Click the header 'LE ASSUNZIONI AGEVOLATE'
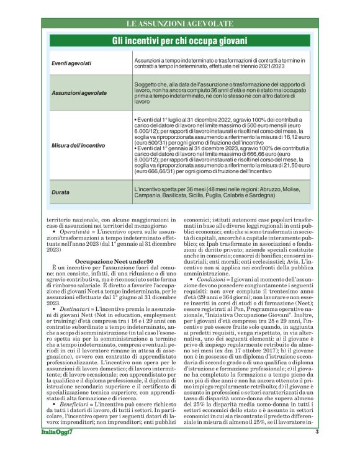tap(179, 24)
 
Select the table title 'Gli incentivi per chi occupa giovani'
tap(179, 41)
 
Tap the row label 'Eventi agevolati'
tap(71, 63)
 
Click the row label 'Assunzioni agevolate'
tap(79, 92)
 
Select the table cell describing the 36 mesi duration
tap(222, 191)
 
